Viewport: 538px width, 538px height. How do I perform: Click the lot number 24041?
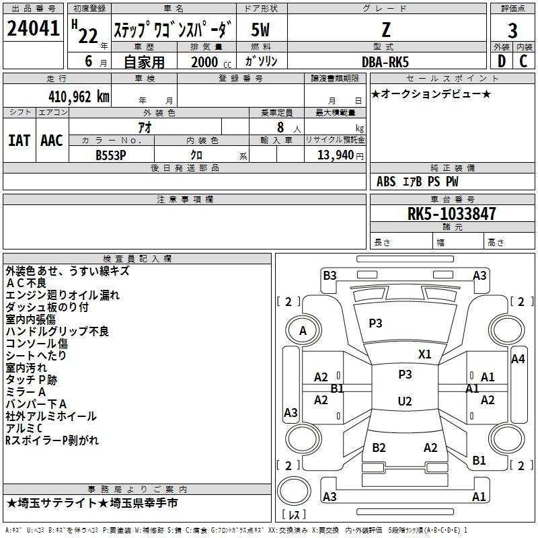pyautogui.click(x=33, y=28)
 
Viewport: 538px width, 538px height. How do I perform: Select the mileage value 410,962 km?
pyautogui.click(x=79, y=97)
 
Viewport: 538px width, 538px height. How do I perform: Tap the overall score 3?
pyautogui.click(x=512, y=31)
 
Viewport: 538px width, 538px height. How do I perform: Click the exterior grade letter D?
pyautogui.click(x=502, y=61)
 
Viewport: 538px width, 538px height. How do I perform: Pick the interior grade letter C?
pyautogui.click(x=523, y=61)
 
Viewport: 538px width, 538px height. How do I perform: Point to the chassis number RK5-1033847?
pyautogui.click(x=451, y=214)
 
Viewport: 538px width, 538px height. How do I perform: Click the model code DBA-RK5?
pyautogui.click(x=385, y=62)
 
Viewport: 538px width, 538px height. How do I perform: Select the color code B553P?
pyautogui.click(x=111, y=155)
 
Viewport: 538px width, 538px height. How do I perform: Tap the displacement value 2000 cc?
pyautogui.click(x=211, y=62)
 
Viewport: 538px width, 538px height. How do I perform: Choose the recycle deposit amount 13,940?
pyautogui.click(x=336, y=155)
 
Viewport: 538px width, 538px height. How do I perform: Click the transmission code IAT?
pyautogui.click(x=19, y=141)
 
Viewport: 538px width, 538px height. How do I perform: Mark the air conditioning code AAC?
pyautogui.click(x=52, y=141)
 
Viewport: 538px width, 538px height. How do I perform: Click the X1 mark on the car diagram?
pyautogui.click(x=424, y=354)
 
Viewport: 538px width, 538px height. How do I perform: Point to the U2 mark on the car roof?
pyautogui.click(x=405, y=401)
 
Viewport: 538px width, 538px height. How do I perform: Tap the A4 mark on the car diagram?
pyautogui.click(x=518, y=359)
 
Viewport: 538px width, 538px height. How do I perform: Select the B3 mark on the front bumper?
pyautogui.click(x=330, y=276)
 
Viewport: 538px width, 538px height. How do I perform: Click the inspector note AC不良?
pyautogui.click(x=26, y=283)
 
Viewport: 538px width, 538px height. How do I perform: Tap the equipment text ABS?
pyautogui.click(x=386, y=182)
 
